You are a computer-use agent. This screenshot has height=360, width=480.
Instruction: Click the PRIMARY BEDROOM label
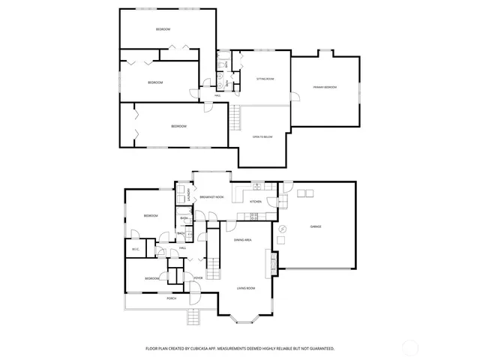point(325,88)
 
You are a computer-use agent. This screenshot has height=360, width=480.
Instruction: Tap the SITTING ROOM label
point(265,78)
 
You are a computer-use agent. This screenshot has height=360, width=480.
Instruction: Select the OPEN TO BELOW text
point(262,136)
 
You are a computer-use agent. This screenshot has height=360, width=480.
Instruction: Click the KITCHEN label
point(255,202)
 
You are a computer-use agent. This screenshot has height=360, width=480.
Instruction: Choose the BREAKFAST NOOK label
point(212,196)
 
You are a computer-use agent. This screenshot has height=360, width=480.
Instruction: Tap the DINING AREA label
point(242,240)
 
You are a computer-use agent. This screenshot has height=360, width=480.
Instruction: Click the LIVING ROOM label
point(247,288)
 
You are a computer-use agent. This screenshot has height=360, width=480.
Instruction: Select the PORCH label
point(172,298)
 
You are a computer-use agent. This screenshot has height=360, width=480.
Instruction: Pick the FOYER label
point(198,278)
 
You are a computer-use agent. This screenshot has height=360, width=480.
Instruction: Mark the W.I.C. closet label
point(136,250)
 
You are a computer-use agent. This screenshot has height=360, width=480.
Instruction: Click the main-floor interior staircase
point(214,266)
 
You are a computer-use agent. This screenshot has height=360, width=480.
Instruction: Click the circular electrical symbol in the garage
point(282,229)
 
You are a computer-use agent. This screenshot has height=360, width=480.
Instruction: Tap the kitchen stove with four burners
point(253,217)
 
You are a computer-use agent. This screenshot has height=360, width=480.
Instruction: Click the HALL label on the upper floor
point(217,95)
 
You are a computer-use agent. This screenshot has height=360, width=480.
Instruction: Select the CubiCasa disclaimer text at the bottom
point(240,349)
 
